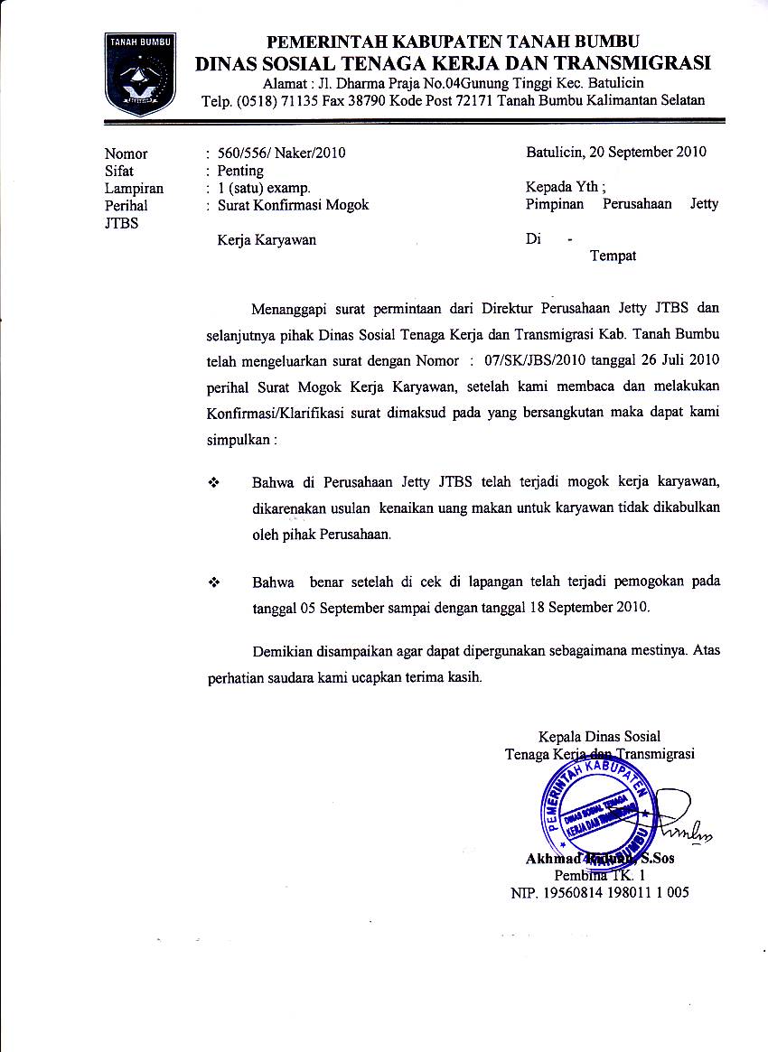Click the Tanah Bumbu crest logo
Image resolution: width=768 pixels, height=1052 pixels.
click(x=140, y=73)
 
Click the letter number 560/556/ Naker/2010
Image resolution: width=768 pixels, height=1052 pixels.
click(x=282, y=153)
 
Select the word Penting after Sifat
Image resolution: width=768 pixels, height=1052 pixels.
click(x=240, y=171)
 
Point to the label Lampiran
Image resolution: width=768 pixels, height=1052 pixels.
click(x=134, y=188)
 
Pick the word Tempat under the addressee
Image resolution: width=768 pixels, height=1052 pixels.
click(x=613, y=256)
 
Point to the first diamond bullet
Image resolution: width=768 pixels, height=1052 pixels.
click(x=215, y=483)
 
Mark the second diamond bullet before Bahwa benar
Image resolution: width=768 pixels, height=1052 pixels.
click(x=215, y=582)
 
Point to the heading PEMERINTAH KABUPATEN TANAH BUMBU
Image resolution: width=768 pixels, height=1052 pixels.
click(x=453, y=42)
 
